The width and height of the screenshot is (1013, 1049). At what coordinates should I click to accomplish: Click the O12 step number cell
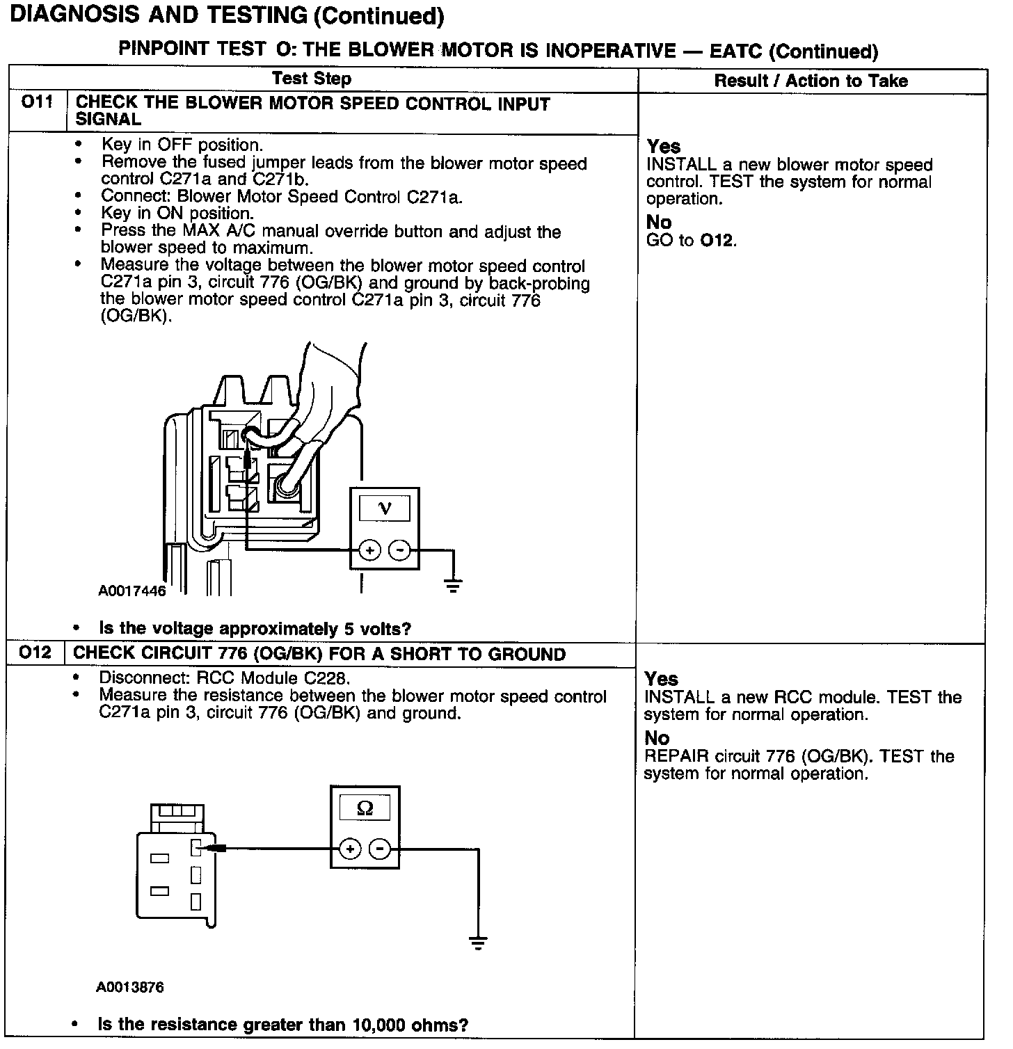pos(35,653)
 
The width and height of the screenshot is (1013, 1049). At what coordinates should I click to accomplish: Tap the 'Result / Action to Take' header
pos(811,81)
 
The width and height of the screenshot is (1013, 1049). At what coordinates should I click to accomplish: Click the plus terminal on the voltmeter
pos(369,551)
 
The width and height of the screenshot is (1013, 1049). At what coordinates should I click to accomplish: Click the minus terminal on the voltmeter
pos(399,551)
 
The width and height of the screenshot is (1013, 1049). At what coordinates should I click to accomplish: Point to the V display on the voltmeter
pos(384,509)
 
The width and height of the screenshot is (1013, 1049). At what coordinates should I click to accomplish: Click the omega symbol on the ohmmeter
pos(365,808)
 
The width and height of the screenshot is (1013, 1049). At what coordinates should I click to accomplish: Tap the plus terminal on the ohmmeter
pos(350,849)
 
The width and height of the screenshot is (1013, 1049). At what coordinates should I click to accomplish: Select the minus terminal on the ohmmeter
pos(379,849)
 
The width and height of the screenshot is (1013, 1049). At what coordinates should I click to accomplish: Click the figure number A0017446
pos(132,591)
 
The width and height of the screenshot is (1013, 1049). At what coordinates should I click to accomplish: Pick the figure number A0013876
pos(130,988)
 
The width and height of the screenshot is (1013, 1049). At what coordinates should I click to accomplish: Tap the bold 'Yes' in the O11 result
pos(664,147)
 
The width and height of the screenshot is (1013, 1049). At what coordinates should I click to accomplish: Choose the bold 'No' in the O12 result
pos(657,738)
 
